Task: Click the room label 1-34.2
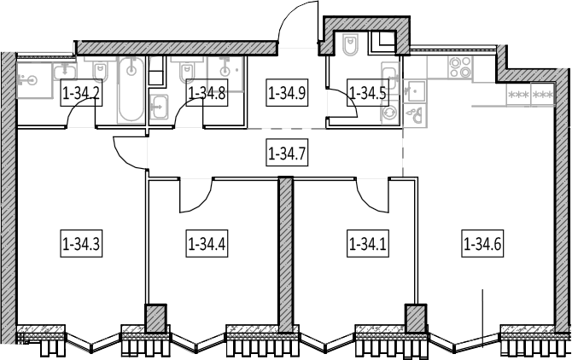pos(81,92)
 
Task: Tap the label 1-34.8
pos(207,92)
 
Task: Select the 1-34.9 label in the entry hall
pos(287,92)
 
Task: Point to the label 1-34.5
pos(367,92)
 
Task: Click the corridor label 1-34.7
pos(287,153)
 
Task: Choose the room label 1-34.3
pos(81,243)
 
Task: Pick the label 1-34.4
pos(207,243)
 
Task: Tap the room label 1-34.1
pos(367,243)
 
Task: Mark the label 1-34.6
pos(482,243)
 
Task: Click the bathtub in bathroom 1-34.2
pos(131,90)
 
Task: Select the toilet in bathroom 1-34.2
pos(100,70)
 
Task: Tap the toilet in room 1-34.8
pos(187,71)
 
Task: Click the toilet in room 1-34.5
pos(351,44)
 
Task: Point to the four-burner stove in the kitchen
pos(460,67)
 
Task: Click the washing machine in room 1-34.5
pos(390,113)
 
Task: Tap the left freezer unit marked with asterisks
pos(518,95)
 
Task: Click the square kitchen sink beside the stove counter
pos(415,90)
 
